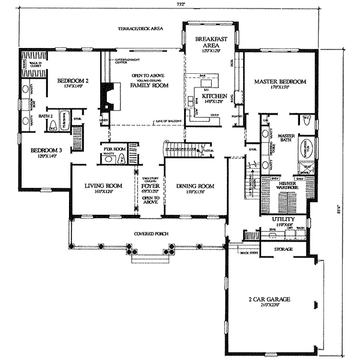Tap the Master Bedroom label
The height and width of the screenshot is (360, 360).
pyautogui.click(x=280, y=82)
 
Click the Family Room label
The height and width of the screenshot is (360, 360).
pyautogui.click(x=149, y=86)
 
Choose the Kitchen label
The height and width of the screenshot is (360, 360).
pyautogui.click(x=213, y=96)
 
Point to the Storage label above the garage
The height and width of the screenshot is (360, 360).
pyautogui.click(x=283, y=249)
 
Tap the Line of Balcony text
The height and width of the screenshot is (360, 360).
pyautogui.click(x=170, y=122)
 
